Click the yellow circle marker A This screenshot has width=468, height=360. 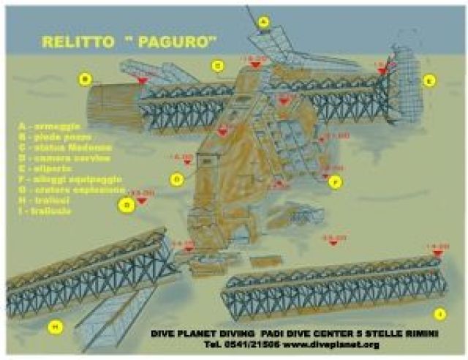(x=264, y=23)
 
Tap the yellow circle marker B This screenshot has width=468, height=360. (x=86, y=79)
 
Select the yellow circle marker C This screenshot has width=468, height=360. (x=217, y=65)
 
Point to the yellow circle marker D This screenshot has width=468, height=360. (x=176, y=179)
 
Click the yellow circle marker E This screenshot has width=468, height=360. (x=429, y=80)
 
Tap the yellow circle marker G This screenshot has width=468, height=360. (x=127, y=206)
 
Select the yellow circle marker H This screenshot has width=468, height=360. (x=53, y=326)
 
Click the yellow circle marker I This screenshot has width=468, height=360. (x=439, y=314)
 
